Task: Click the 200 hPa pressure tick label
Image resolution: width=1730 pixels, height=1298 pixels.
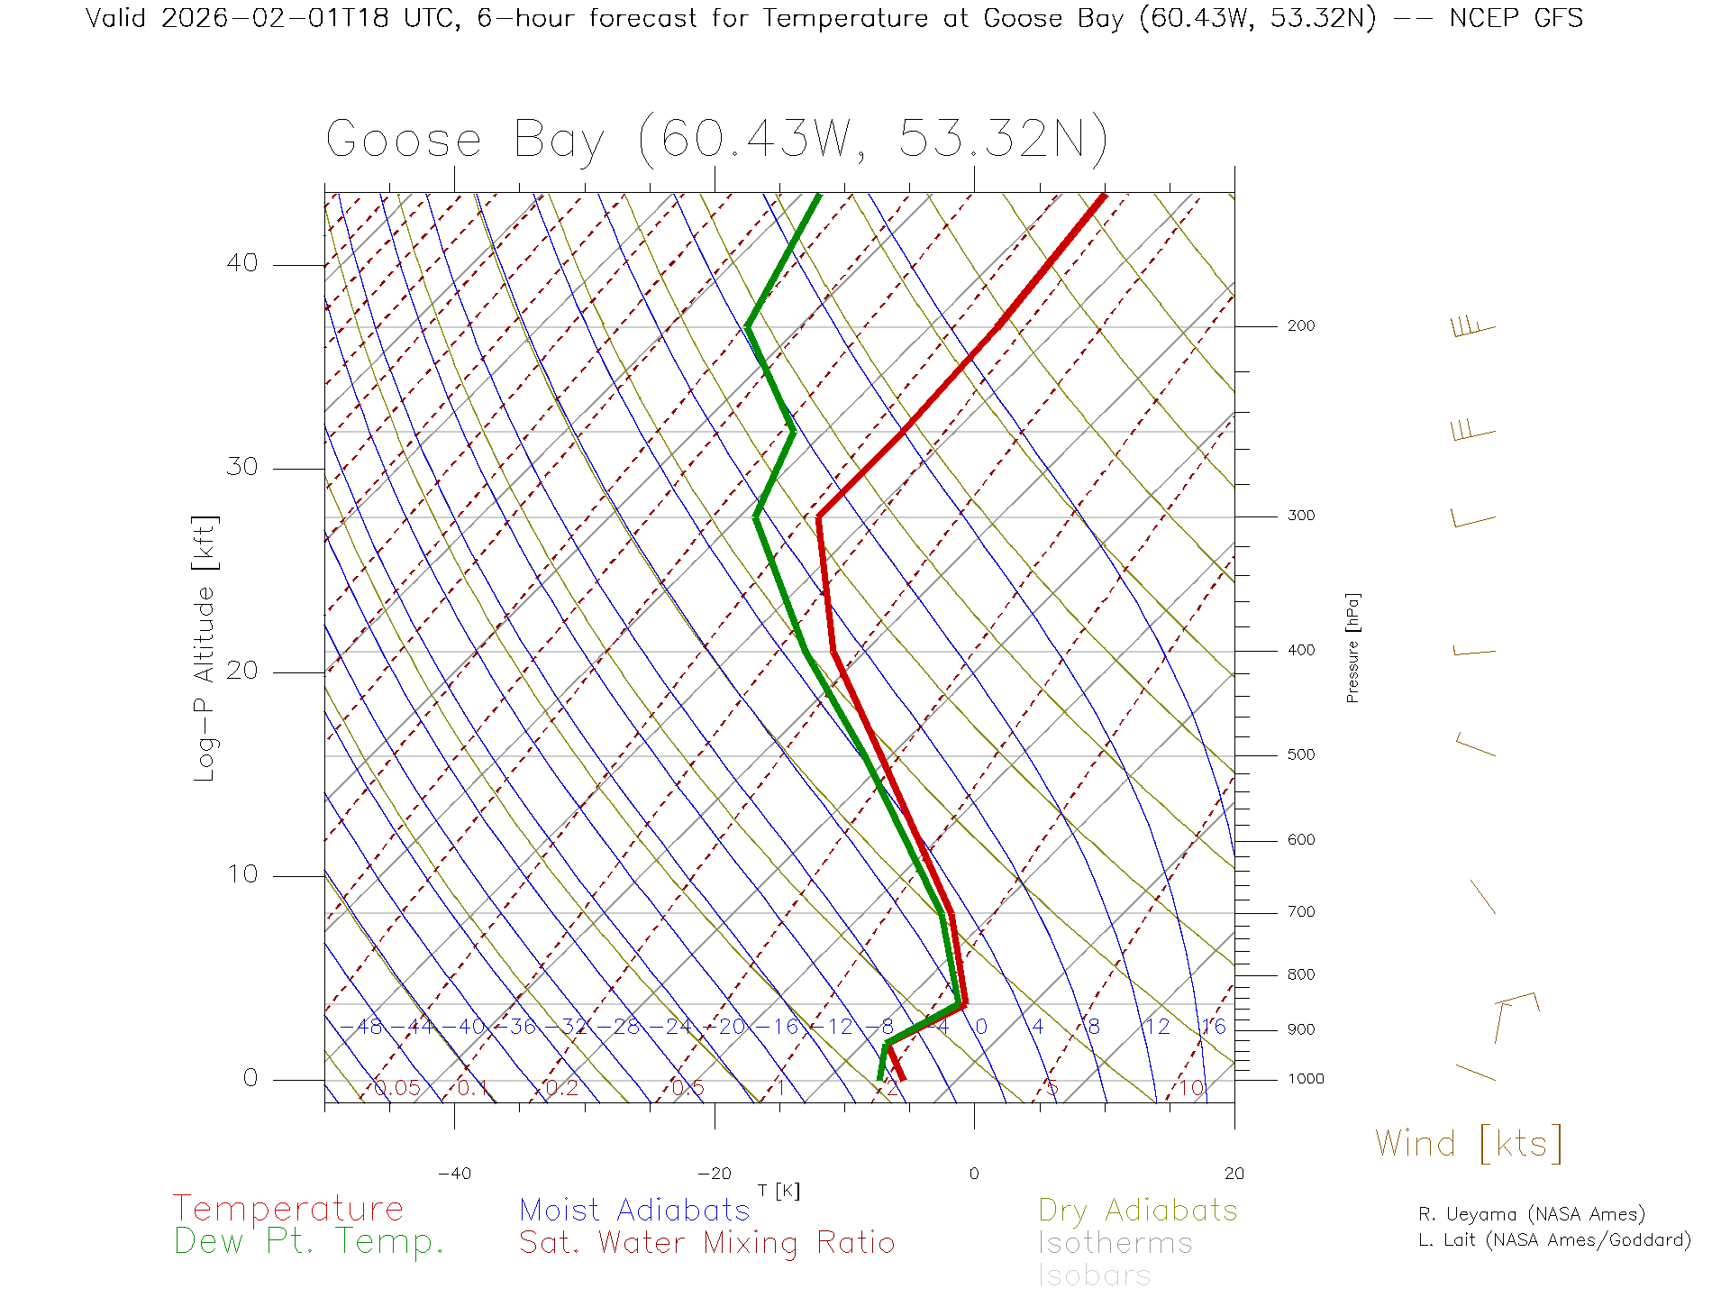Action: [x=1301, y=326]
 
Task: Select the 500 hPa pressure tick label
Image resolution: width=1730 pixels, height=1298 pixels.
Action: [x=1301, y=755]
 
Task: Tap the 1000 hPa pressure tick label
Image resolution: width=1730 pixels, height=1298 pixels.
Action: [x=1306, y=1079]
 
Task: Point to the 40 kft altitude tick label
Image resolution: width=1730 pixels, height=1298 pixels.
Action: [x=242, y=263]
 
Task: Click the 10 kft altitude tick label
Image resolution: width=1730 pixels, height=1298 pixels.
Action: [x=242, y=874]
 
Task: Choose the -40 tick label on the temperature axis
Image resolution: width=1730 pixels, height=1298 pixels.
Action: [x=454, y=1174]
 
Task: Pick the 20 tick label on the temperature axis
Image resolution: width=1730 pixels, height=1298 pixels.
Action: [x=1234, y=1174]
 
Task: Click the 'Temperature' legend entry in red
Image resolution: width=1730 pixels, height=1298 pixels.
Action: [x=288, y=1209]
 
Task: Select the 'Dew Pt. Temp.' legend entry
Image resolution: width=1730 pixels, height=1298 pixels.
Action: [x=309, y=1242]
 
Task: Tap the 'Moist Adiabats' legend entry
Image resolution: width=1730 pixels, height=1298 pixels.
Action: [x=635, y=1211]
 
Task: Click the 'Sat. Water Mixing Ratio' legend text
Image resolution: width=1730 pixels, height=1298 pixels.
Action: [x=707, y=1243]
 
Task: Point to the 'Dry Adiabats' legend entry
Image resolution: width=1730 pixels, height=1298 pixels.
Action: [x=1138, y=1211]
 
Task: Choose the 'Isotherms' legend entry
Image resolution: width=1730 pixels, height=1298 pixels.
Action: [x=1115, y=1244]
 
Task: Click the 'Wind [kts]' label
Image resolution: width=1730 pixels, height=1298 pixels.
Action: [x=1469, y=1144]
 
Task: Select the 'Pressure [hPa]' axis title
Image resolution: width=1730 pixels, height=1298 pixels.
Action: [x=1352, y=647]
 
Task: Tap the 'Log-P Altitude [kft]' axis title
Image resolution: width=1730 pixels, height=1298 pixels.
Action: [x=205, y=648]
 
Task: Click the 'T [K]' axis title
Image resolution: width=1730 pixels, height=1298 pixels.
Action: [x=778, y=1192]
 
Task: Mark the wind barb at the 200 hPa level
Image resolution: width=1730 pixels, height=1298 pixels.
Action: [x=1473, y=327]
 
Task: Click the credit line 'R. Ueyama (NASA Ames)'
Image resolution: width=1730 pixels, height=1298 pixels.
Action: [x=1532, y=1214]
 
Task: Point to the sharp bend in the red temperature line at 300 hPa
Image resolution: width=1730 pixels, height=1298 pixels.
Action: [x=818, y=516]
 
